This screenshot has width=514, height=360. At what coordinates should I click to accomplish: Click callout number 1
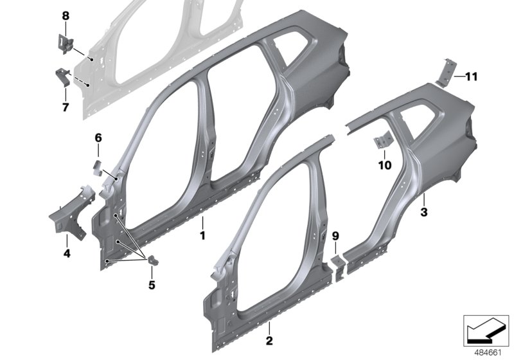click(202, 236)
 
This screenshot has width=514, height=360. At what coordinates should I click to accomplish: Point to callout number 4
click(67, 255)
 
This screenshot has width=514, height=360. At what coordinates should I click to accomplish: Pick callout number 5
click(152, 283)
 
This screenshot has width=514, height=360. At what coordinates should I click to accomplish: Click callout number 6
click(98, 138)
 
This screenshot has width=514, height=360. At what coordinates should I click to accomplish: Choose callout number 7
click(65, 107)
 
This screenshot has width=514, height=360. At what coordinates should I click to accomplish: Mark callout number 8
click(65, 15)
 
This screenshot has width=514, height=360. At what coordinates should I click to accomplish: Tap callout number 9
click(335, 236)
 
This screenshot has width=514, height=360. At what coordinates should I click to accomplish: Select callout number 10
click(384, 165)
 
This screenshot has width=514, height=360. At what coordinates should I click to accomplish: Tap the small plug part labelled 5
click(154, 260)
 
